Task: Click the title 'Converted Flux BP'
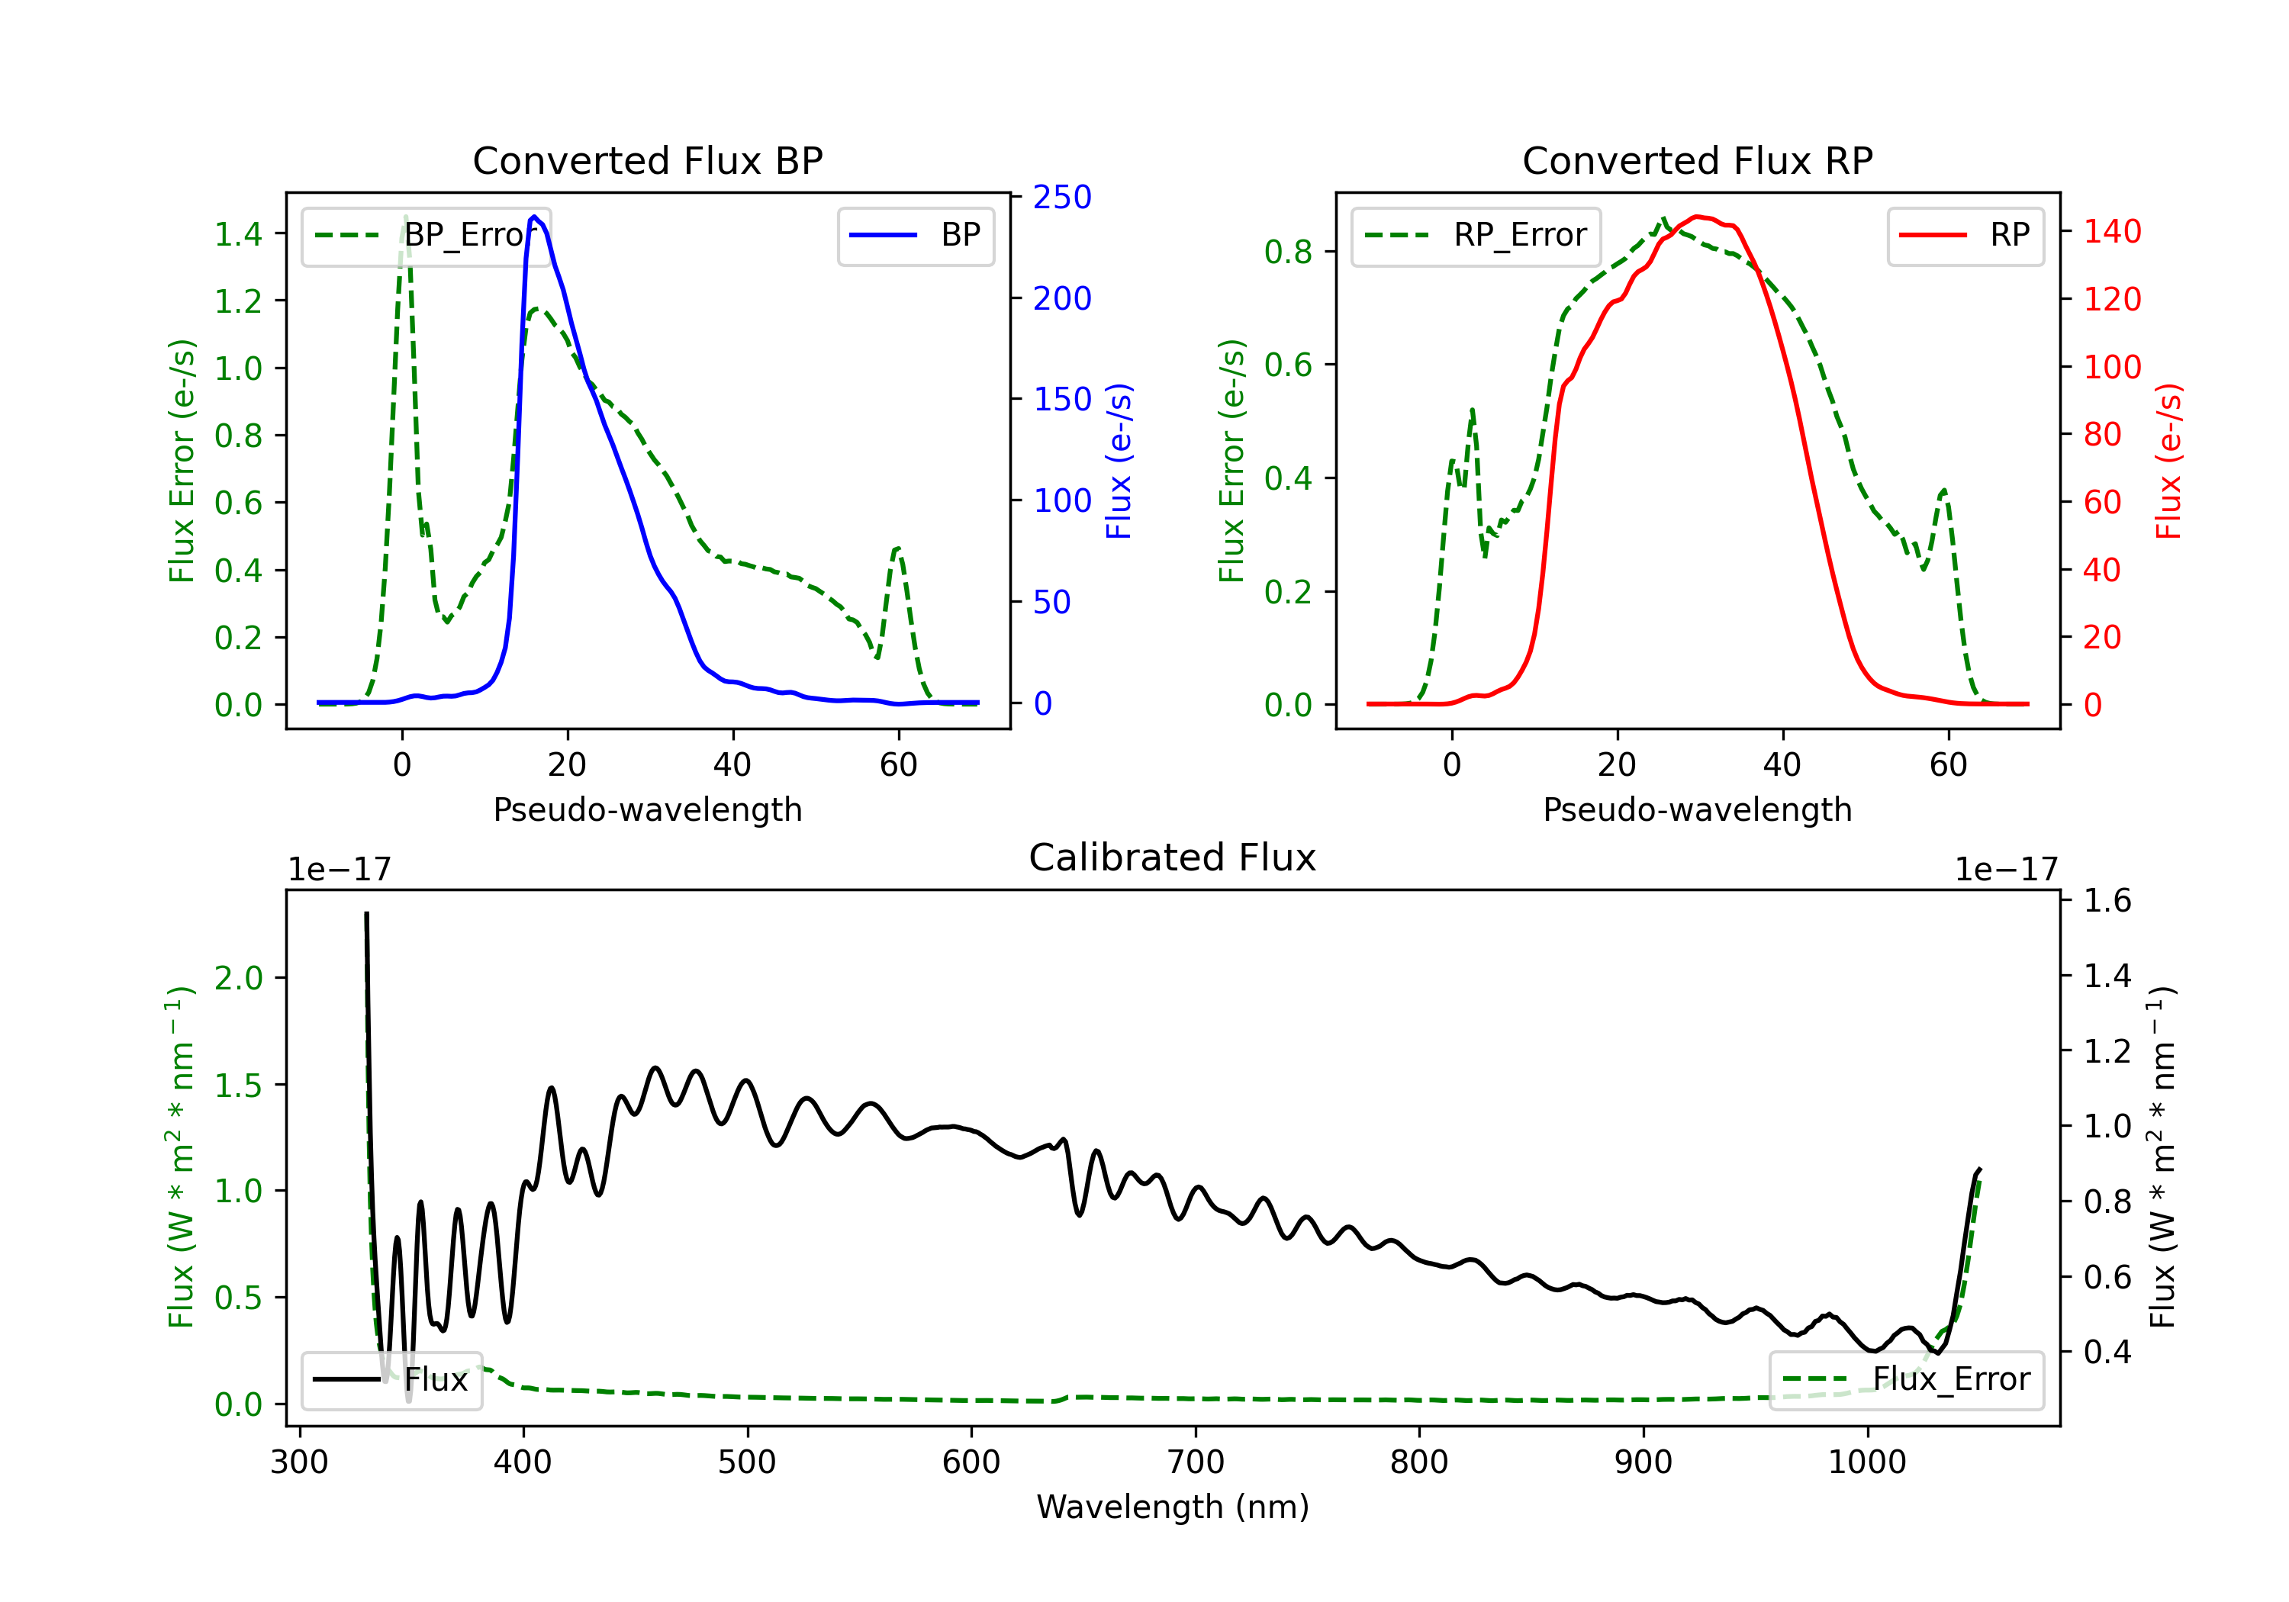647,160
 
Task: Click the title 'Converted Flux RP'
1697,160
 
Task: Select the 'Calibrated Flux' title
1173,857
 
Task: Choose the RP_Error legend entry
1476,235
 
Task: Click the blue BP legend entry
915,235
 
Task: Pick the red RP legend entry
1965,235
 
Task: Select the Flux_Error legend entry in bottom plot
1906,1380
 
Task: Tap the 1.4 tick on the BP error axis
238,234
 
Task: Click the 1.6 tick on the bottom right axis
2107,901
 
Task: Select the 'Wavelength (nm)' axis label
1173,1507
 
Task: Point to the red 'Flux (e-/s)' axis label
2168,461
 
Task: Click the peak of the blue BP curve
534,217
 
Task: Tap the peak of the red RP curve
1698,217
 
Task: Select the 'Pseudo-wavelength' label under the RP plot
1697,809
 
